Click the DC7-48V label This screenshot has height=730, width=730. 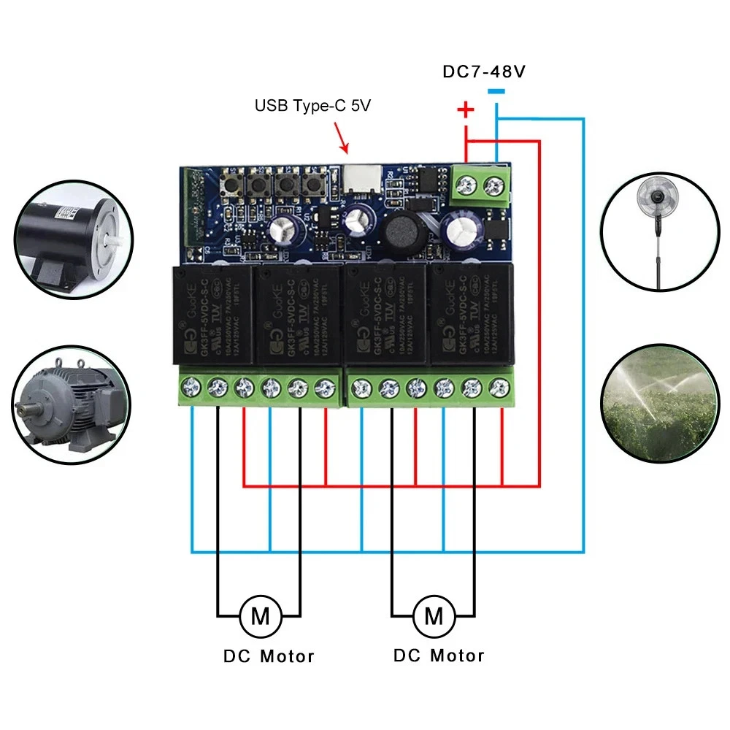click(x=485, y=72)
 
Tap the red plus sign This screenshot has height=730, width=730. click(x=465, y=111)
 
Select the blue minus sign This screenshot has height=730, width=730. click(x=496, y=92)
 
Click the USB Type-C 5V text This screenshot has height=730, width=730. click(x=312, y=106)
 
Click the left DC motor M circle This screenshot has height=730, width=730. click(x=259, y=616)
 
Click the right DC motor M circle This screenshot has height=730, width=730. click(x=433, y=616)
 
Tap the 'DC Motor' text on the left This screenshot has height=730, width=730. click(x=269, y=656)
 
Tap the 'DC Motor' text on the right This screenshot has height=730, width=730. click(x=439, y=656)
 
